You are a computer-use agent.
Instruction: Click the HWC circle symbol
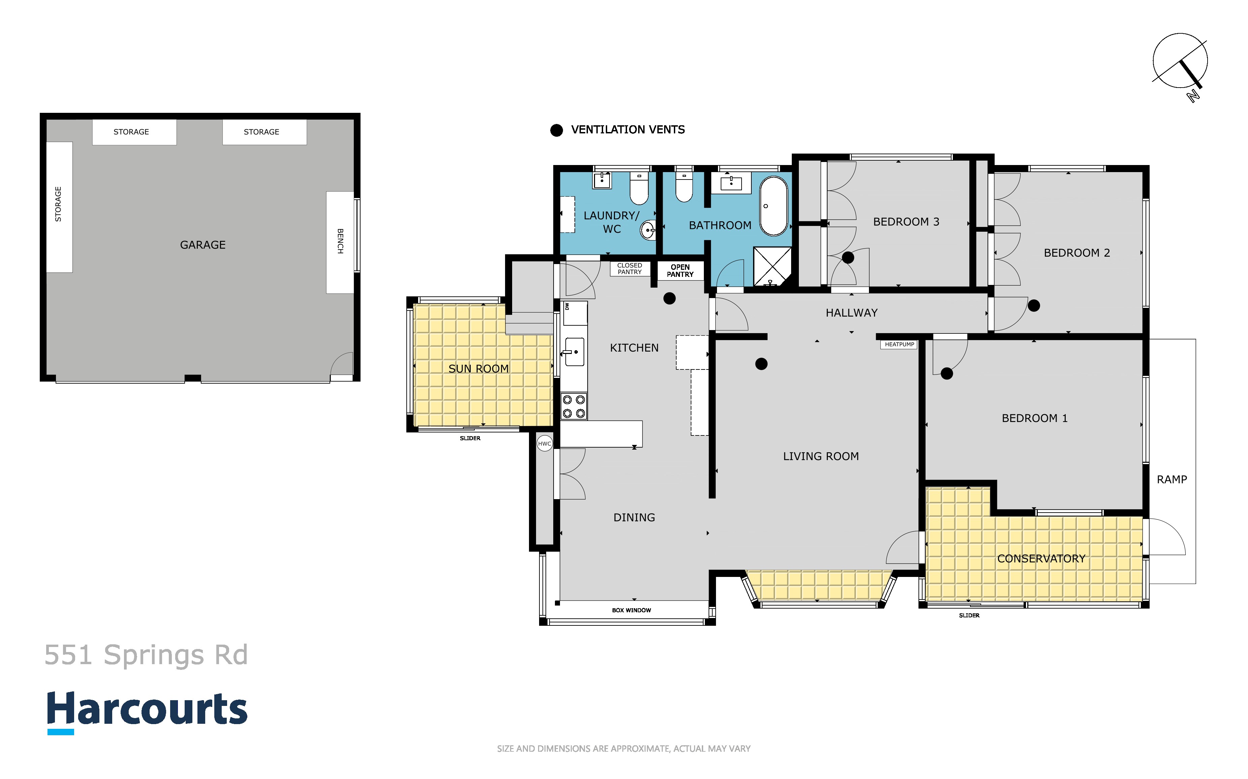(x=544, y=444)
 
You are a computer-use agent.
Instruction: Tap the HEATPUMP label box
(x=899, y=345)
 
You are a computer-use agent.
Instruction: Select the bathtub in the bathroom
(x=774, y=206)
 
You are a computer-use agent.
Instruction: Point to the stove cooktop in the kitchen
(x=573, y=407)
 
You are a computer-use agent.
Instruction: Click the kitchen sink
(x=574, y=352)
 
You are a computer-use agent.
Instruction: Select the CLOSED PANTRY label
(x=630, y=268)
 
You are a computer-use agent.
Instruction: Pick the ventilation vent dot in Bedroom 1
(x=946, y=374)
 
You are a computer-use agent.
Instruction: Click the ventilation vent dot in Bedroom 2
(x=1034, y=305)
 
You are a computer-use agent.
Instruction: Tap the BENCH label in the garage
(x=340, y=241)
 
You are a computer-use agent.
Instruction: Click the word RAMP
(x=1172, y=480)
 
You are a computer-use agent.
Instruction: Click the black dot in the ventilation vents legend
(x=557, y=130)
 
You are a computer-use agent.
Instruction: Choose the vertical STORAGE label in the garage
(x=58, y=204)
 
